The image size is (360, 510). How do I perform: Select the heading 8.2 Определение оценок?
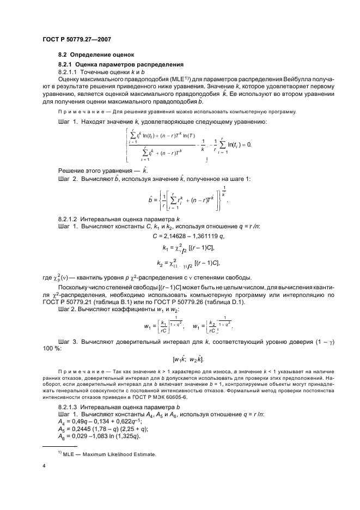click(97, 54)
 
